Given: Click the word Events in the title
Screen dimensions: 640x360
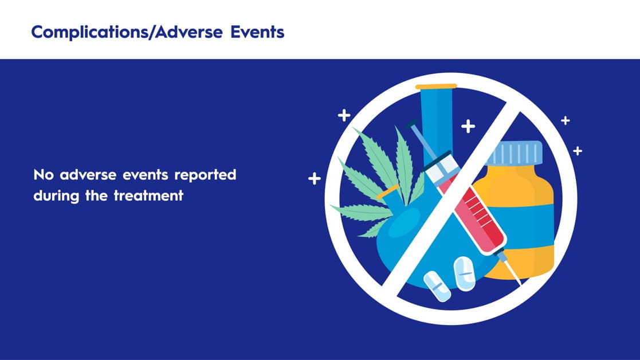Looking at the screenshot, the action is tap(257, 32).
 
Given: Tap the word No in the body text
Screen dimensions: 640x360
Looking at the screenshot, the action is tap(44, 175).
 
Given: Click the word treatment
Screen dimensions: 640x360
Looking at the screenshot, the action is tap(148, 196).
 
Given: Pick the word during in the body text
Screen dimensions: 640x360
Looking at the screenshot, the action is tap(56, 196).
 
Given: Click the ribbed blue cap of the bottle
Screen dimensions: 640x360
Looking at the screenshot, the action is tap(515, 153).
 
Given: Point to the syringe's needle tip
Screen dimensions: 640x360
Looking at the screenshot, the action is tap(521, 284).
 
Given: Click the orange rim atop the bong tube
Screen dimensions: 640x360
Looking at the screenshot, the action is tap(436, 86).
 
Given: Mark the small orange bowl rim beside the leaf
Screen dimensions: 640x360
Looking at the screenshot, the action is tap(388, 192).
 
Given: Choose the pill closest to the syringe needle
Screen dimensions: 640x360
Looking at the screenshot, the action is tap(465, 273).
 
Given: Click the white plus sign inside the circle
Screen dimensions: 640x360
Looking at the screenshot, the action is tap(468, 126).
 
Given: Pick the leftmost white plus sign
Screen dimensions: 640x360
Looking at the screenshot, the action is tap(315, 178).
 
